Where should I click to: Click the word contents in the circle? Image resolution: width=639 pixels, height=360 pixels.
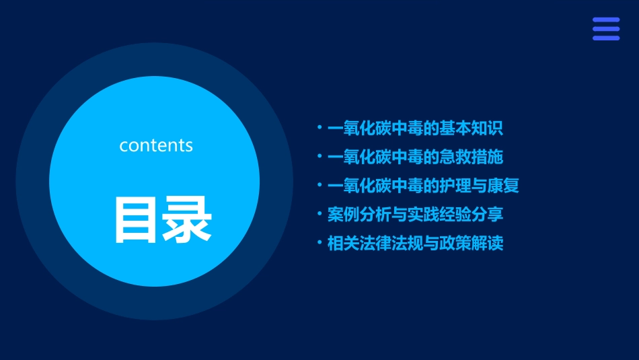[156, 145]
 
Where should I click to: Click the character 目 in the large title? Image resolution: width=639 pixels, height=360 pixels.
[136, 220]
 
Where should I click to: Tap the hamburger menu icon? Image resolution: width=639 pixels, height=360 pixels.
[605, 29]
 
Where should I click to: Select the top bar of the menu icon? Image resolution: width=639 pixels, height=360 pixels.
[605, 20]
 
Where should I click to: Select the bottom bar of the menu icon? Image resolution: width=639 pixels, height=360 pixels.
[605, 38]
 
